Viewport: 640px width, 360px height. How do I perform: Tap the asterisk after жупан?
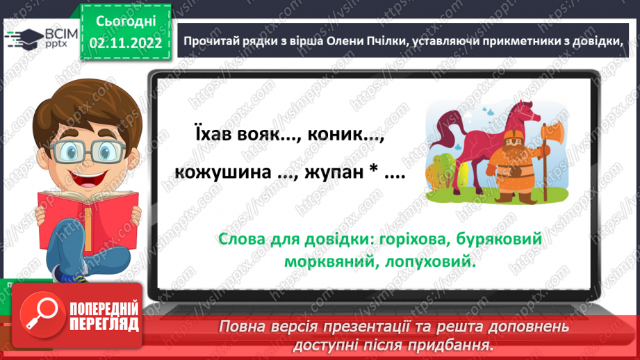(372, 172)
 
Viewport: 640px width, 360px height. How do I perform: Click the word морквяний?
(327, 263)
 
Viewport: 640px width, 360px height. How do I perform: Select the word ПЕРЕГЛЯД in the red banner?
(104, 325)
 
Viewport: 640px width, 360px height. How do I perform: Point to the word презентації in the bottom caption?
(388, 327)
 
